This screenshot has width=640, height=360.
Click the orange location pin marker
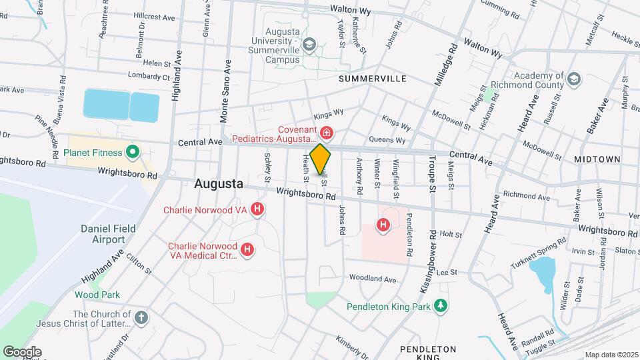coord(321,159)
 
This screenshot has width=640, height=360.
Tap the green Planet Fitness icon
coord(132,153)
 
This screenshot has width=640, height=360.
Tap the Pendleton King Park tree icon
coord(439,306)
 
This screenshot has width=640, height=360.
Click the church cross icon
coord(140,317)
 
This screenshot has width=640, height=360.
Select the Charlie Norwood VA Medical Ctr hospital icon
coord(247,250)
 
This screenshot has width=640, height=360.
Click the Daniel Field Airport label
coord(108,234)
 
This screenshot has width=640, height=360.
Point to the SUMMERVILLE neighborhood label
coord(372,79)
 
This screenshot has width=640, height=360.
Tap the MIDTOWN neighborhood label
coord(597,160)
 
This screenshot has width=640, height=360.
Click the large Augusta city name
coord(218,184)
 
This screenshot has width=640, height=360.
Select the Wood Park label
coord(97,295)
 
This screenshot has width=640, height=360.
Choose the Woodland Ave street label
coord(365,279)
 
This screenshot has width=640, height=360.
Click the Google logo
coord(22,351)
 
